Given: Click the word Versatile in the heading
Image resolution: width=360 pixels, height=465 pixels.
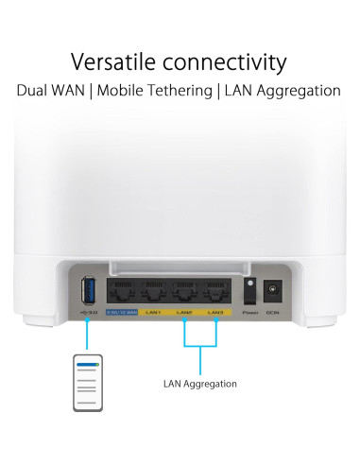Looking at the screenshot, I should click(112, 62).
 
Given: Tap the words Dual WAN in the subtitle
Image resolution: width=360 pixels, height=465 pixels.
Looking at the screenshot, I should click(56, 91).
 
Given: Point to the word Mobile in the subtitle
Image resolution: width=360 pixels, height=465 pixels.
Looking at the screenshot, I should click(130, 91).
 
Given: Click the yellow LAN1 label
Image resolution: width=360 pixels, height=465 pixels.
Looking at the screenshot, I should click(153, 311).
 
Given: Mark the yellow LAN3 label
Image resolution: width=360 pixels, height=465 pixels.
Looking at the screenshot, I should click(215, 311).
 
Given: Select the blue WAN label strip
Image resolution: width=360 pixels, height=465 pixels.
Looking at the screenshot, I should click(121, 311).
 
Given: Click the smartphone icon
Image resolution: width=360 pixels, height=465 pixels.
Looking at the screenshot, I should click(88, 383).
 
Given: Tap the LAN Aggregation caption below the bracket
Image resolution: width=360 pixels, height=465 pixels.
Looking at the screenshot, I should click(200, 384).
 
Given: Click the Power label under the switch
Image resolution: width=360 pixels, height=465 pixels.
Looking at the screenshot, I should click(249, 312).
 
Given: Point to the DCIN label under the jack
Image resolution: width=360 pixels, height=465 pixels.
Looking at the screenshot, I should click(273, 312).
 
